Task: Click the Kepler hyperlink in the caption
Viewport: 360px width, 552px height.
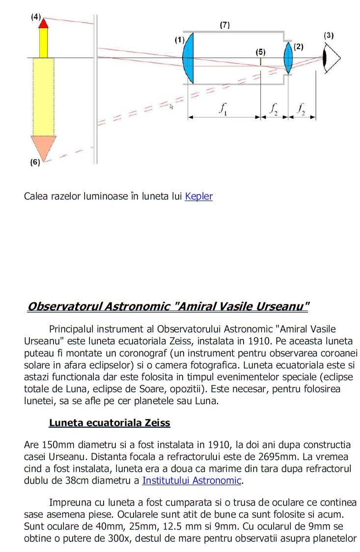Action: [199, 197]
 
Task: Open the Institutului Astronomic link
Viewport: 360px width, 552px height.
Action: [192, 480]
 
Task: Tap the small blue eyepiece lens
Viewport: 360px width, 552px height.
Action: [288, 58]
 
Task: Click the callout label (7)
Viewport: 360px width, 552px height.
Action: [224, 25]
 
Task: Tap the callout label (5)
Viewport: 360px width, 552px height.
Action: [260, 51]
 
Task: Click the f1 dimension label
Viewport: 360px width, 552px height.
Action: [224, 109]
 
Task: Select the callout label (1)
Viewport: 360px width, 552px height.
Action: [179, 39]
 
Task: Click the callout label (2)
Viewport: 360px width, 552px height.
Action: [299, 47]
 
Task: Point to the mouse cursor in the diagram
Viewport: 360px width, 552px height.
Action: [171, 106]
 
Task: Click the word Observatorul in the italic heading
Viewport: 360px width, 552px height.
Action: [64, 307]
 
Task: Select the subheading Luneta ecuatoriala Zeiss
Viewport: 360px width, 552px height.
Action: [110, 423]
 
